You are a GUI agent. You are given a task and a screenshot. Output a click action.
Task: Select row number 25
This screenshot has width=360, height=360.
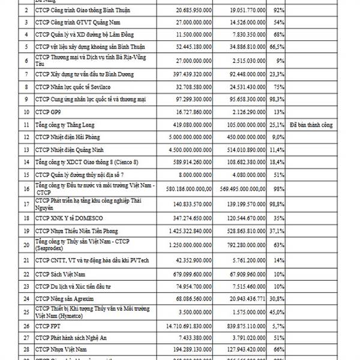pyautogui.click(x=25, y=312)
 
